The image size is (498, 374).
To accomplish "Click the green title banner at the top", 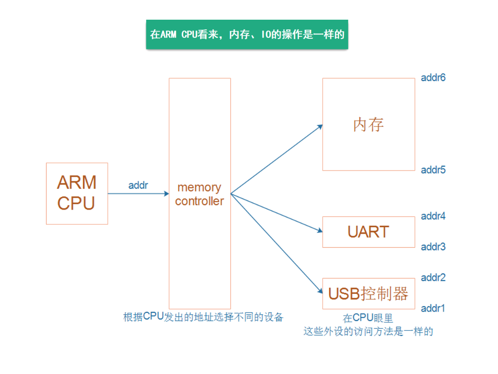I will [x=247, y=35].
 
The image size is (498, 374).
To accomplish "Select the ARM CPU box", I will [x=77, y=193].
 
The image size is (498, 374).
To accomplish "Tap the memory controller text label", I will [x=199, y=194].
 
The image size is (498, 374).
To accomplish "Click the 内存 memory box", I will [x=368, y=124].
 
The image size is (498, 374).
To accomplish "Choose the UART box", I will [x=368, y=232].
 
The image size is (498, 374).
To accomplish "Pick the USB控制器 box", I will [x=368, y=293].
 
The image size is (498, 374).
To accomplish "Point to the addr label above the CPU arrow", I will [x=138, y=185].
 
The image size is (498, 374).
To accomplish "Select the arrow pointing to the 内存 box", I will [x=277, y=160].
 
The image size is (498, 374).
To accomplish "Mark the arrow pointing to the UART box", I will [x=277, y=213].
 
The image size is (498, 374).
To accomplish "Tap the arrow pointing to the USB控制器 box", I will [x=277, y=243].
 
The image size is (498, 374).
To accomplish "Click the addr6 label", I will [x=433, y=77].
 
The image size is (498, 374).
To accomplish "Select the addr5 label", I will [x=433, y=170].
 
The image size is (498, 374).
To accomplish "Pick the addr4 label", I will [x=433, y=216].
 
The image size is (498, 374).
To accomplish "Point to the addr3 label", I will [x=433, y=247].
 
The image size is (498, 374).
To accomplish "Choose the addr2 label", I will [x=433, y=277].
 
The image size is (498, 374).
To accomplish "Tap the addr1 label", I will [x=433, y=308].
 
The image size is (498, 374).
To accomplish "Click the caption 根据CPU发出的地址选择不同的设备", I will [x=203, y=317].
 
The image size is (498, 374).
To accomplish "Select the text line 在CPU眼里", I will [x=368, y=318].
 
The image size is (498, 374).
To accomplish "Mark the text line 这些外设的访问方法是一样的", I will [x=368, y=331].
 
